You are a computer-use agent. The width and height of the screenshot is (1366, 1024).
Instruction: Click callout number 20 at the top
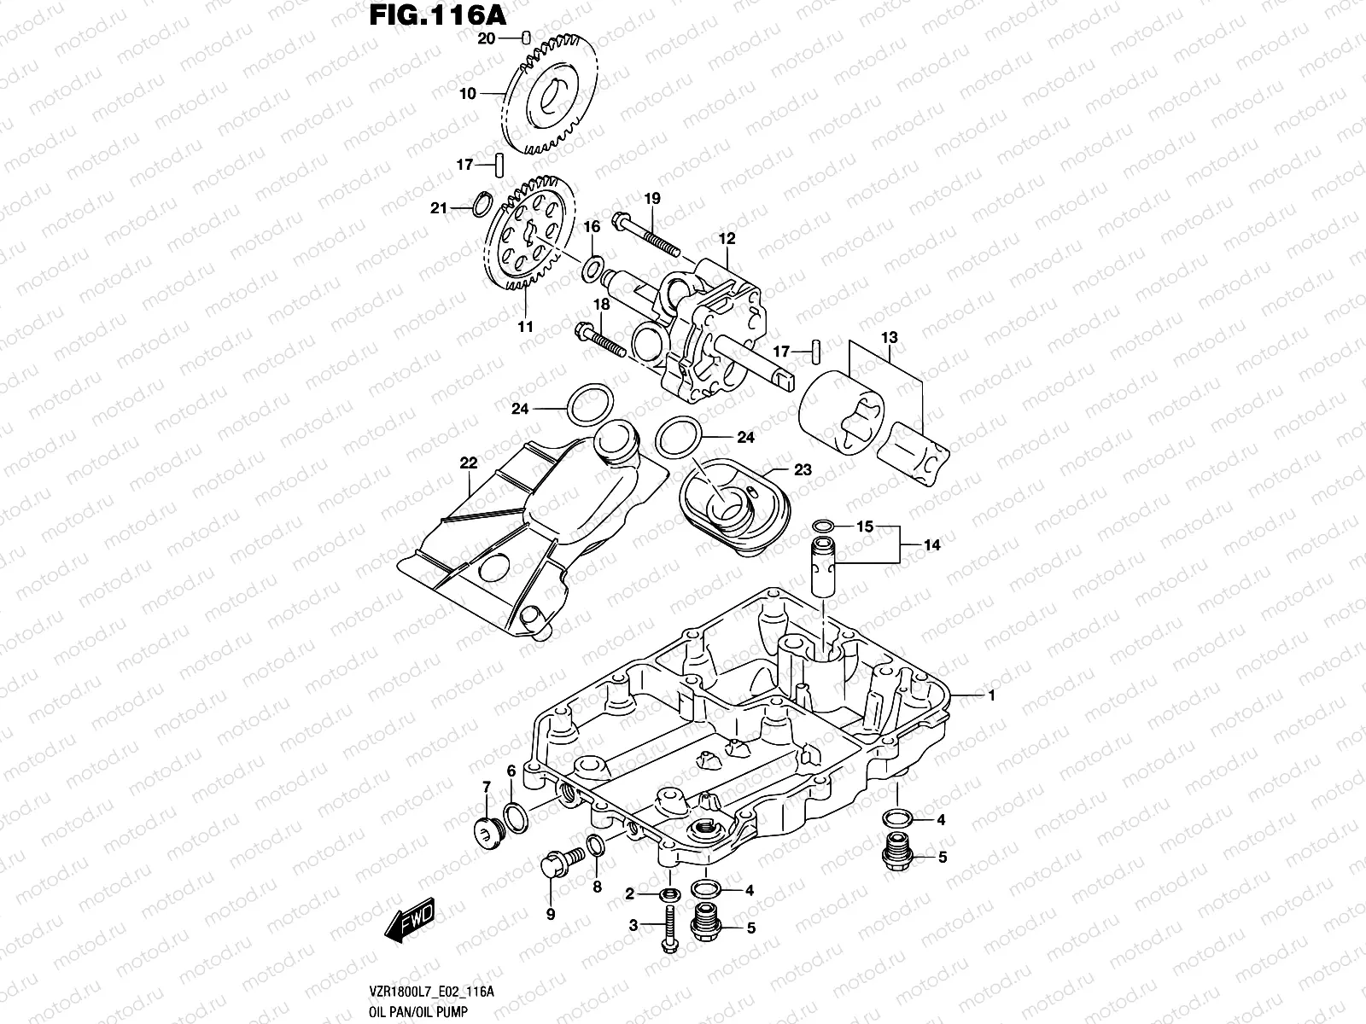[486, 38]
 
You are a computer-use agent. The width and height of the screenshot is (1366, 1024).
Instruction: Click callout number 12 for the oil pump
[727, 240]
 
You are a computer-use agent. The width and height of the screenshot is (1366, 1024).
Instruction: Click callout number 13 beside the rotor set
[890, 338]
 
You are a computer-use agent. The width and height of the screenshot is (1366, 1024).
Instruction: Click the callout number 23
[803, 470]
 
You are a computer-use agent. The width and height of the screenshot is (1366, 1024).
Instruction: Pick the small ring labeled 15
[824, 526]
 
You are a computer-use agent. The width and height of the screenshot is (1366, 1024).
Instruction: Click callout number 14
[931, 544]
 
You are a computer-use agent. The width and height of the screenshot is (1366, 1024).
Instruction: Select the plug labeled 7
[487, 830]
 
